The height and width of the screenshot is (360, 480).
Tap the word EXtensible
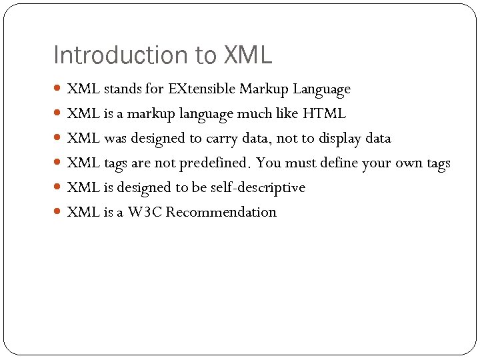[x=202, y=89]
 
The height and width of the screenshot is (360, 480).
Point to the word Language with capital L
[x=321, y=89]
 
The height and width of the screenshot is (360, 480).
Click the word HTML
[x=324, y=113]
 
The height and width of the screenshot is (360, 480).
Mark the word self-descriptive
[x=257, y=188]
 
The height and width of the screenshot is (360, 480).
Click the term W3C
[x=146, y=213]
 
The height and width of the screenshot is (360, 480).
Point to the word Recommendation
[x=221, y=213]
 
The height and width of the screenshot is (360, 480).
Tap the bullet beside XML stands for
[x=58, y=89]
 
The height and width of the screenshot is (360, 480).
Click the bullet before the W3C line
[x=58, y=213]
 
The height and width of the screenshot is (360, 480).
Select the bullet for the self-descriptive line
[x=58, y=188]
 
